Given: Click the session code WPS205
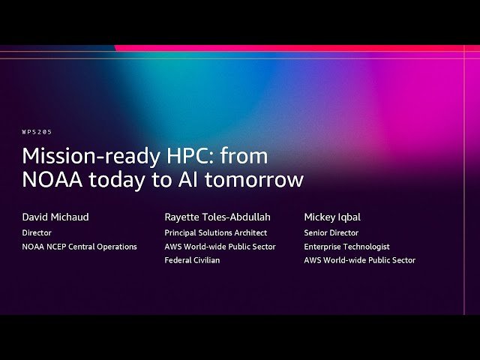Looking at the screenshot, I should tap(37, 132).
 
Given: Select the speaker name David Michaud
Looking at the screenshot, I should tap(55, 217).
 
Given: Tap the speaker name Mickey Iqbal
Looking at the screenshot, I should tap(332, 217).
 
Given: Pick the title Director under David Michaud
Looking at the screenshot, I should tap(37, 232).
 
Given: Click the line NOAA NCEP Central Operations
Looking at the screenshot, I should tap(79, 247).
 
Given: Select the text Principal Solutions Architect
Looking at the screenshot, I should tap(215, 232).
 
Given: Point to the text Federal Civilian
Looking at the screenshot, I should tap(192, 260).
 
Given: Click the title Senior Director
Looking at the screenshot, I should tap(331, 232).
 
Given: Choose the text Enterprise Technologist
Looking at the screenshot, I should tap(346, 247).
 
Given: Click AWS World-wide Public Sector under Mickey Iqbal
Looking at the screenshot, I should tap(359, 260).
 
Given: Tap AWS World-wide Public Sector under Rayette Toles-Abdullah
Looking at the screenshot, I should tap(220, 247).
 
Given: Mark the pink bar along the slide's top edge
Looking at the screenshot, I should tap(300, 48).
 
